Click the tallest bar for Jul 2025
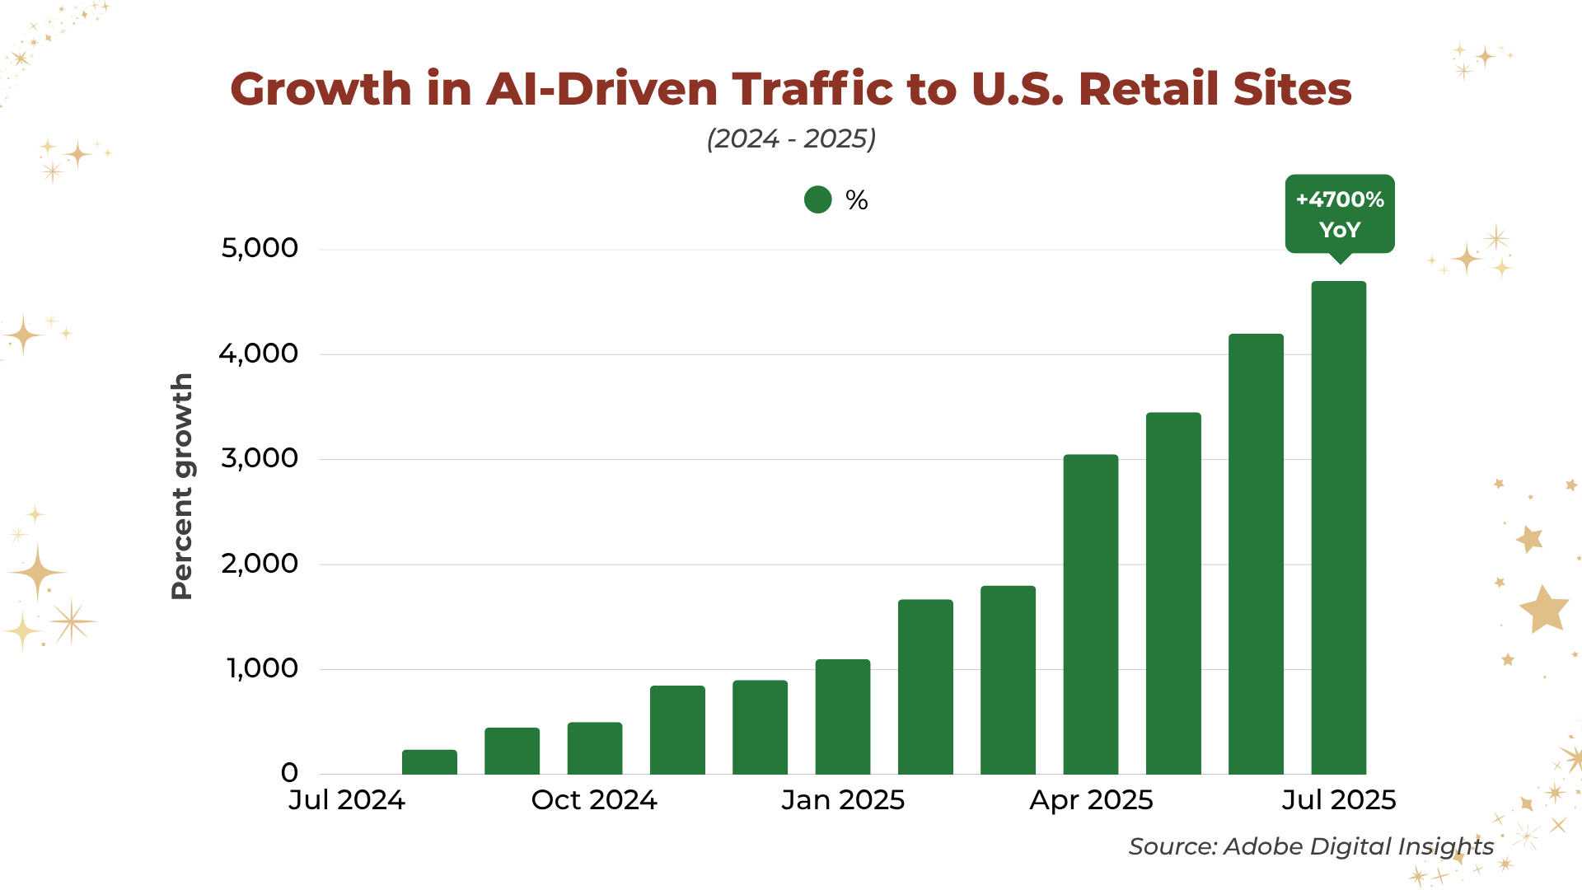click(1338, 527)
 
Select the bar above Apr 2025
click(1090, 614)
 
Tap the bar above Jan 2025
click(842, 716)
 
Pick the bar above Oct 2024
click(594, 747)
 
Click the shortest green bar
click(429, 761)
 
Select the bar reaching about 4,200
click(1256, 554)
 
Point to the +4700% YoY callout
click(1339, 213)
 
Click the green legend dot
click(817, 200)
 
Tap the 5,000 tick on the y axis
click(260, 248)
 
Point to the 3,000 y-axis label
click(260, 458)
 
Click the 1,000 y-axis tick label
click(262, 668)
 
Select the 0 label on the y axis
click(289, 773)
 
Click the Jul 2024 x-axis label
click(346, 800)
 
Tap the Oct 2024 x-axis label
click(594, 800)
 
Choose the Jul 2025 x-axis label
click(1338, 800)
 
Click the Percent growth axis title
click(182, 486)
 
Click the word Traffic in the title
click(812, 89)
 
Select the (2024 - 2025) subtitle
click(791, 138)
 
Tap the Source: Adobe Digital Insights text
click(1310, 846)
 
